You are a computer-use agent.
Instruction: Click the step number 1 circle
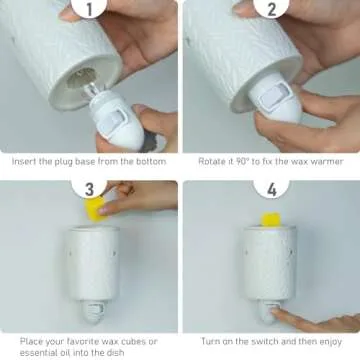point(89,13)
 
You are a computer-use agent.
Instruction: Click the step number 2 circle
point(271,13)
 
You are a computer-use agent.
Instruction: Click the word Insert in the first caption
point(27,160)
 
